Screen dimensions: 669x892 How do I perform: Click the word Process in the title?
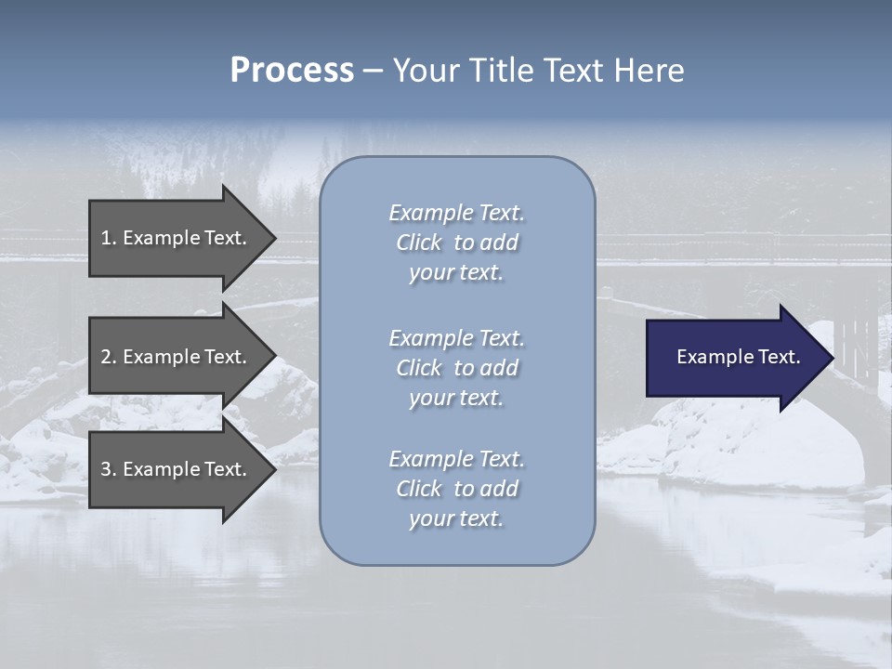click(x=292, y=71)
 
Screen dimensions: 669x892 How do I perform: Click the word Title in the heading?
click(x=497, y=71)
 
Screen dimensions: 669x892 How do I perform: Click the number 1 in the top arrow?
click(x=106, y=238)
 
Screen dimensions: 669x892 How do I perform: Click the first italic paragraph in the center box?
click(x=456, y=243)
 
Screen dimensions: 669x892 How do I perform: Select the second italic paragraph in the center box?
click(x=456, y=368)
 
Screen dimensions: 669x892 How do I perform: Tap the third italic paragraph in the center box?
click(x=456, y=489)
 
